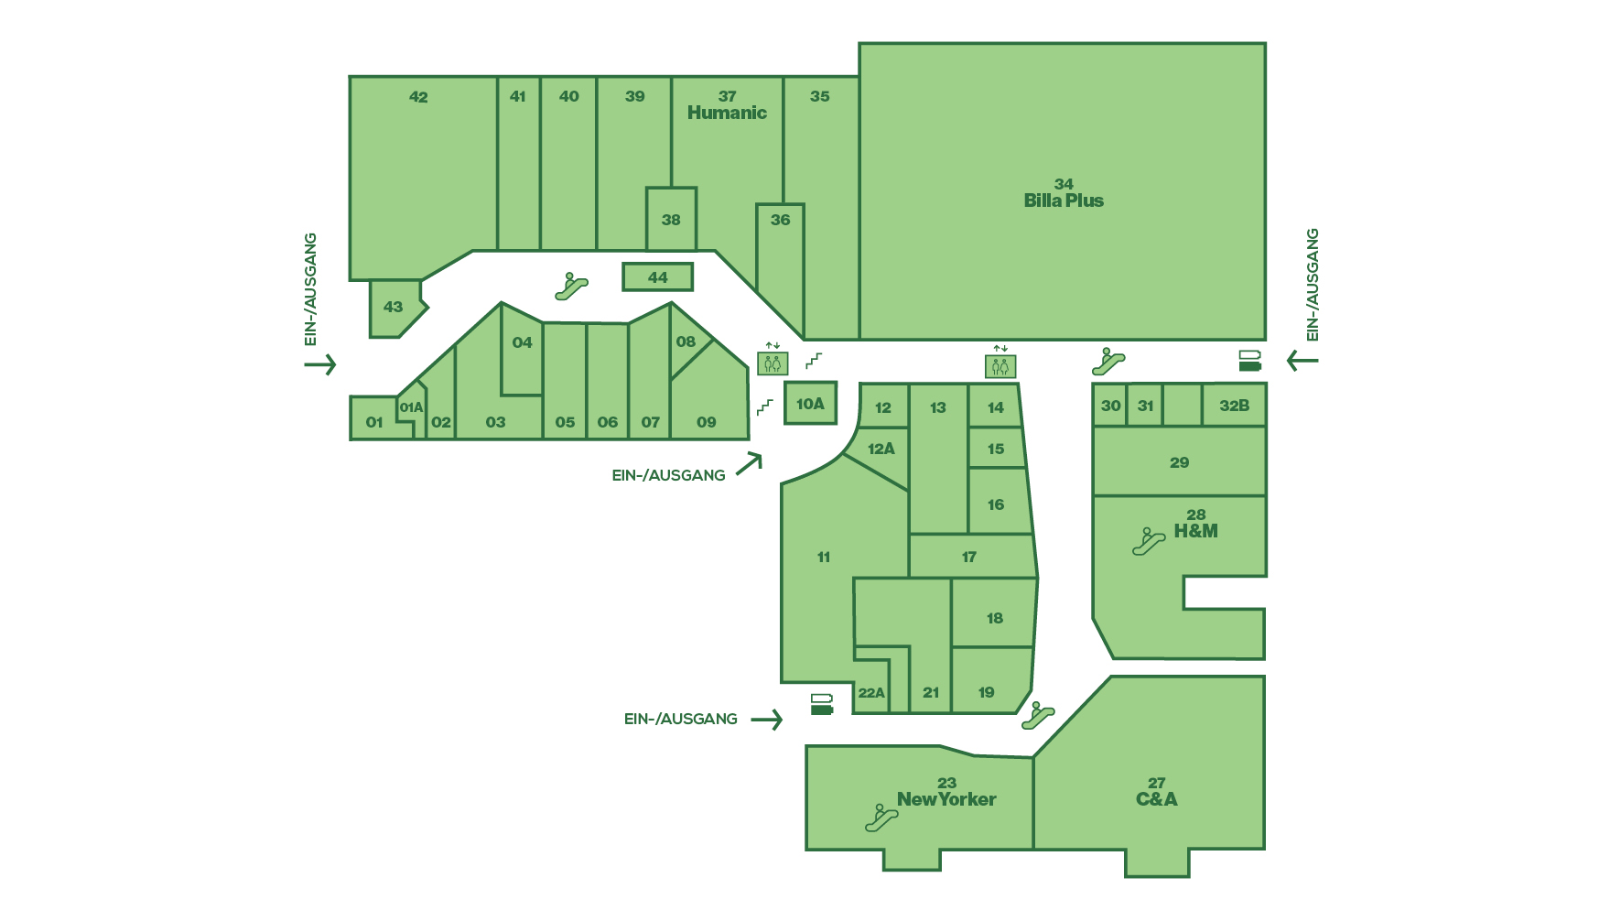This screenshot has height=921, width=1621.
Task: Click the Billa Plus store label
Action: (x=1064, y=200)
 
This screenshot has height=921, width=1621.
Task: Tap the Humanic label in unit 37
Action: (x=727, y=113)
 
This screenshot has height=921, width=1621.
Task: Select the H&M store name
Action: (x=1195, y=531)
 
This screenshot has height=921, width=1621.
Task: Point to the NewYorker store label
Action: (x=946, y=799)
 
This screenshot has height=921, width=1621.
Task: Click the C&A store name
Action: (x=1156, y=799)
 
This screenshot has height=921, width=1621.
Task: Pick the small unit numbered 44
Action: (x=657, y=276)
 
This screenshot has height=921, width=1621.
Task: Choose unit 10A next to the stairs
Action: (x=810, y=403)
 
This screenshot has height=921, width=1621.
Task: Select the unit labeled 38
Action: (x=671, y=219)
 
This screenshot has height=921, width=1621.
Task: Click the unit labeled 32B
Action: (x=1234, y=406)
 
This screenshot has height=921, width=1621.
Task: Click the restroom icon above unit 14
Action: (x=1000, y=366)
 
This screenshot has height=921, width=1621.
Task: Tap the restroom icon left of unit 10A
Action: (x=773, y=363)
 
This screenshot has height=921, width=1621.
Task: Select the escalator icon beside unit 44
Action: (x=571, y=287)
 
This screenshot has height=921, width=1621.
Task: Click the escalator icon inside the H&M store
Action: (x=1148, y=542)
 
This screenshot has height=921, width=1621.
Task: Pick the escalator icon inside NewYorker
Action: (x=881, y=818)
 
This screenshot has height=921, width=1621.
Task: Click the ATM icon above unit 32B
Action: (x=1249, y=361)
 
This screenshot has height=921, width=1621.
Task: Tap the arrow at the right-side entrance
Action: (x=1302, y=361)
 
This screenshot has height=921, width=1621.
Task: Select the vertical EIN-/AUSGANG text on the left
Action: (x=310, y=289)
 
